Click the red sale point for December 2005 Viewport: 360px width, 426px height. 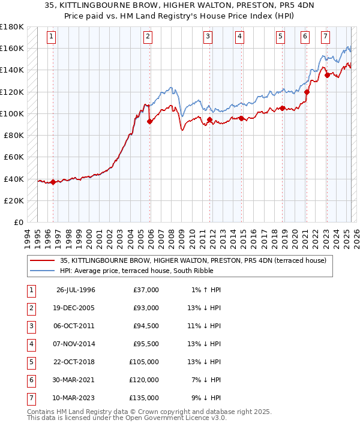149,121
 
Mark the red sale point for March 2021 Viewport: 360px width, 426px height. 307,92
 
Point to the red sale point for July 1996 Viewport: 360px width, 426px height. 53,182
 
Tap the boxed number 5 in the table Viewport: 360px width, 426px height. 31,362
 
